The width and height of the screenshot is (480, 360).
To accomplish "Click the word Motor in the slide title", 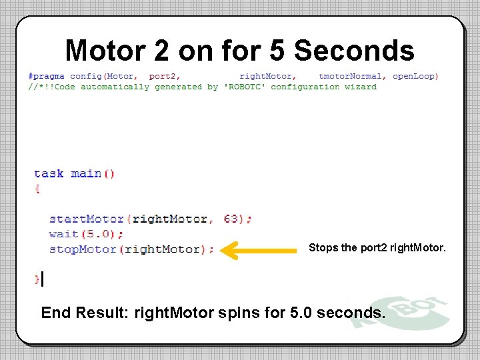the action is click(107, 51).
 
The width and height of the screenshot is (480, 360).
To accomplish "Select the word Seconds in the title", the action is click(355, 51).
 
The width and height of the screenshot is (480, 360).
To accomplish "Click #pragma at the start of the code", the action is click(46, 76).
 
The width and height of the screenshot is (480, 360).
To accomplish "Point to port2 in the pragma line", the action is click(164, 76).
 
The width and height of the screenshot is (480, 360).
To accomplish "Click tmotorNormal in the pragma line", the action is click(351, 76).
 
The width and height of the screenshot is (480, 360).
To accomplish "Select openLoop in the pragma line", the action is click(413, 76).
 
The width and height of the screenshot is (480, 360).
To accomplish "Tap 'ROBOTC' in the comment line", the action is click(245, 87).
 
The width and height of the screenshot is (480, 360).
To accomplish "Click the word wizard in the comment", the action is click(361, 87).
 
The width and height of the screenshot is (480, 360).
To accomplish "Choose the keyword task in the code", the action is click(49, 173).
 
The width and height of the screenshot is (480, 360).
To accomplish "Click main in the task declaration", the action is click(86, 173).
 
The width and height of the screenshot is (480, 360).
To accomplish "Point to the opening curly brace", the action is click(37, 189).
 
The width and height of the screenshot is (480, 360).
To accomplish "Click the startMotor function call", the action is click(87, 219).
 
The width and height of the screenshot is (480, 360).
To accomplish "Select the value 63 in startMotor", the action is click(233, 219).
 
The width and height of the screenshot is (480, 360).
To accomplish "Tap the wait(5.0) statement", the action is click(86, 234).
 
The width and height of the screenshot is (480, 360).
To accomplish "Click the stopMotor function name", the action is click(83, 249).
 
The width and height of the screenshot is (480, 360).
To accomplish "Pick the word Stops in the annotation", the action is click(323, 248).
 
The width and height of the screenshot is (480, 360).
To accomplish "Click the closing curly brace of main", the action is click(37, 279).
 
